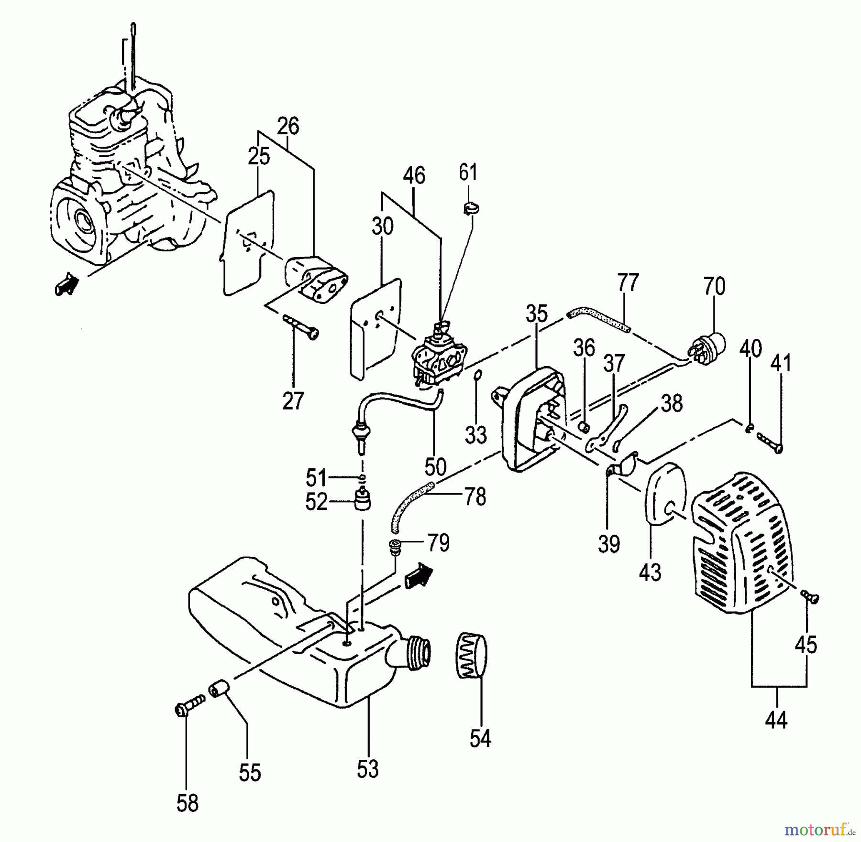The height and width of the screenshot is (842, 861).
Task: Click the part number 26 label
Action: pyautogui.click(x=288, y=127)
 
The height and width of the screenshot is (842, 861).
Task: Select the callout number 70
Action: pyautogui.click(x=714, y=286)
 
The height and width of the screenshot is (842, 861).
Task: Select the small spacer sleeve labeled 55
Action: pyautogui.click(x=220, y=690)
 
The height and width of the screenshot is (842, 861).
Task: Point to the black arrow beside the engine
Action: pyautogui.click(x=67, y=284)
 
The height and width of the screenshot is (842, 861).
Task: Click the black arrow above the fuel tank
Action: pyautogui.click(x=418, y=575)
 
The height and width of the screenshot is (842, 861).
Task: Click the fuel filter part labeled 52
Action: pyautogui.click(x=364, y=500)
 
